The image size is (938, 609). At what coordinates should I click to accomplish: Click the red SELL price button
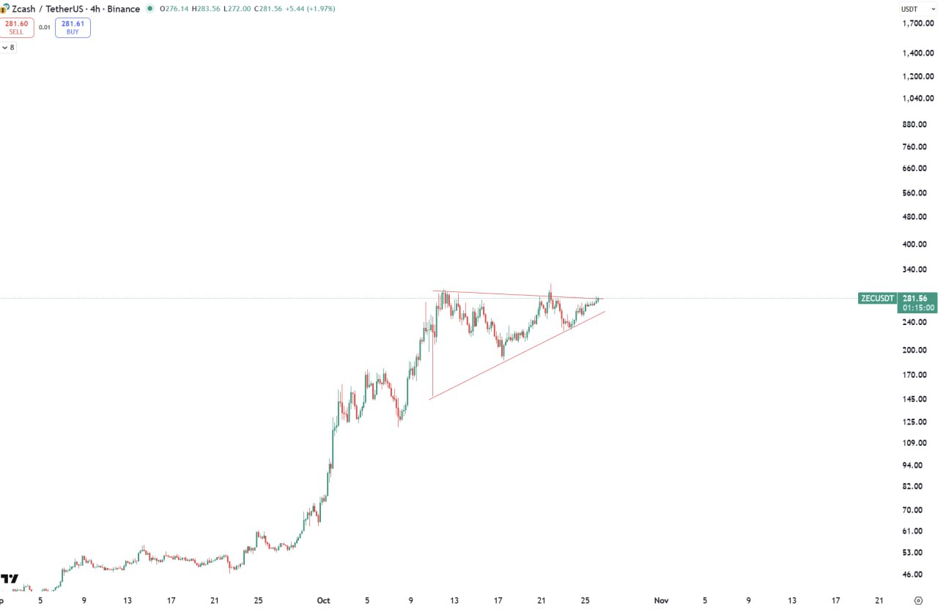coord(16,28)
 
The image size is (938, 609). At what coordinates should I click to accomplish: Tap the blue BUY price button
coord(73,28)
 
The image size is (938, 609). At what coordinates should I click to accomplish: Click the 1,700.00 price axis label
coord(918,23)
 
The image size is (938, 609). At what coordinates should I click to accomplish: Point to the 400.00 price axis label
coord(918,244)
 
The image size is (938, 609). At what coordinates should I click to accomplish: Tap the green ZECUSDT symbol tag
coord(877,299)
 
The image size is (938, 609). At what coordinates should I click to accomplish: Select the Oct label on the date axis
coord(323,601)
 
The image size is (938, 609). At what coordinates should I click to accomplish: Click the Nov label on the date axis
coord(661,601)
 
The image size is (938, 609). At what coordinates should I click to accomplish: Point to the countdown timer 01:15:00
coord(918,308)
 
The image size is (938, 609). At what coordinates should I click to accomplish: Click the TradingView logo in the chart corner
coord(10,579)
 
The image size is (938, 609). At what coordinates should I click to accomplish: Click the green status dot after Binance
coord(150,9)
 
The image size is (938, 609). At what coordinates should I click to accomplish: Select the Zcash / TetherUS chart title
coord(45,9)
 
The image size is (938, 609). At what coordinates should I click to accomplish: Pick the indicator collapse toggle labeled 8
coord(8,48)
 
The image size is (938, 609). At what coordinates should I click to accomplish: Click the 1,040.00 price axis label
coord(918,99)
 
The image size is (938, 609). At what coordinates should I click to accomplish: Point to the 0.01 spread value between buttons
coord(45,28)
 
